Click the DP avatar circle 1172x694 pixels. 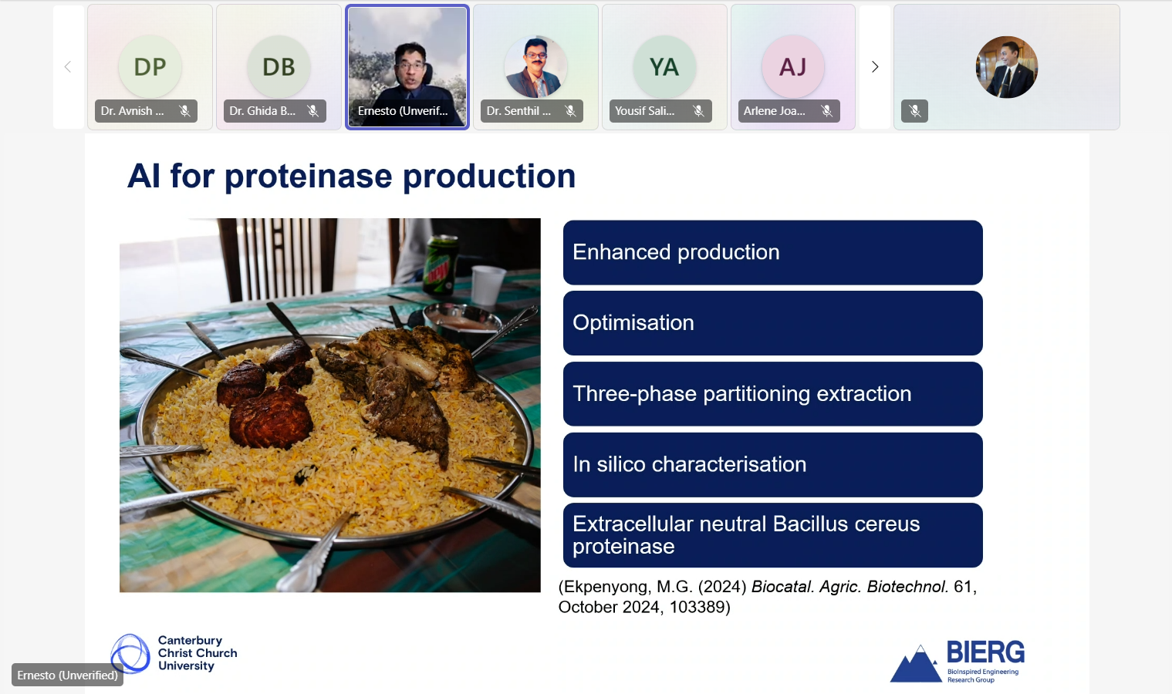click(x=150, y=67)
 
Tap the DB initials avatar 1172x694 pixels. click(x=279, y=67)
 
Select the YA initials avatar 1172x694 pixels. click(x=664, y=67)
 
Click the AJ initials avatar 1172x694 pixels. click(x=793, y=67)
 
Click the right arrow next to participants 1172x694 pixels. click(x=875, y=67)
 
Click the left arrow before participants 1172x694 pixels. click(x=67, y=67)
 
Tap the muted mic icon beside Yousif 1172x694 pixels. click(x=698, y=111)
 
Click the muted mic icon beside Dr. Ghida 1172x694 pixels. click(x=313, y=111)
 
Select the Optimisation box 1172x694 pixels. click(x=773, y=323)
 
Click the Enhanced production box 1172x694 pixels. click(x=773, y=253)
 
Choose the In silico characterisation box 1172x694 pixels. click(x=773, y=464)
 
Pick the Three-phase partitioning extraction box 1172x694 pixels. click(x=773, y=394)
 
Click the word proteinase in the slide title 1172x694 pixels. click(x=308, y=177)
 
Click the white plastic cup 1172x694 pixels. click(x=487, y=285)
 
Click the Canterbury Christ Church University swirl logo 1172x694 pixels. click(x=130, y=653)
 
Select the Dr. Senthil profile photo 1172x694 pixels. click(x=535, y=67)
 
